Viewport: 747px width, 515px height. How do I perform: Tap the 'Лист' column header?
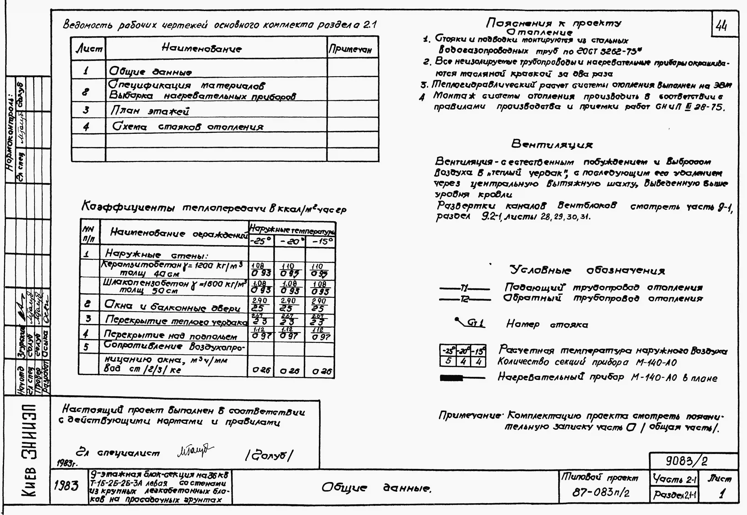pos(89,49)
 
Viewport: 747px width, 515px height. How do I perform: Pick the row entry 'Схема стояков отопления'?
pos(188,126)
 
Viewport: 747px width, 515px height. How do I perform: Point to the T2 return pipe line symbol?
pos(464,300)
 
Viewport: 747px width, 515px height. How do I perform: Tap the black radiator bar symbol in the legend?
pos(451,378)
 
